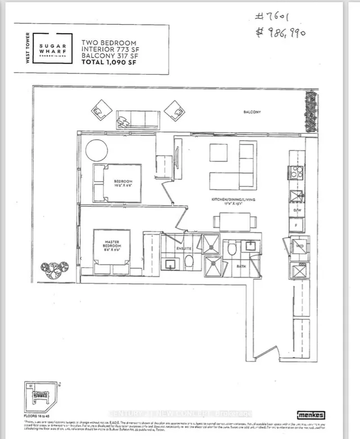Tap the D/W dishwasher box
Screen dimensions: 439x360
(x=298, y=211)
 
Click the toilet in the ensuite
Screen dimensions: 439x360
(x=189, y=261)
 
